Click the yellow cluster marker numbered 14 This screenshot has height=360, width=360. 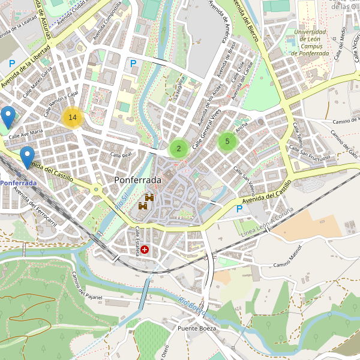(x=73, y=118)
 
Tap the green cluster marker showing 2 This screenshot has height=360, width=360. (x=178, y=149)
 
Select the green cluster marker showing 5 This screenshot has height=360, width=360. (x=227, y=142)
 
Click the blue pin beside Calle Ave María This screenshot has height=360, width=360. (x=8, y=117)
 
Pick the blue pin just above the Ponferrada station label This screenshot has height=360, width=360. (x=27, y=157)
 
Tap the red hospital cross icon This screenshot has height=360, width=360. (x=145, y=249)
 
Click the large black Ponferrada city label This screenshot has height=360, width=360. (x=138, y=180)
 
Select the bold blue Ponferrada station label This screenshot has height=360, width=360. (x=18, y=182)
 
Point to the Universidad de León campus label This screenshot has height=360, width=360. (x=310, y=43)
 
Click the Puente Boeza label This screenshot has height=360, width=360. (x=196, y=329)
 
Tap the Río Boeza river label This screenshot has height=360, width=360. (x=192, y=306)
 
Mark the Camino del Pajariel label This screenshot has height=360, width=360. (x=87, y=286)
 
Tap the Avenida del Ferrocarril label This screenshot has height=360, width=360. (x=35, y=208)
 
